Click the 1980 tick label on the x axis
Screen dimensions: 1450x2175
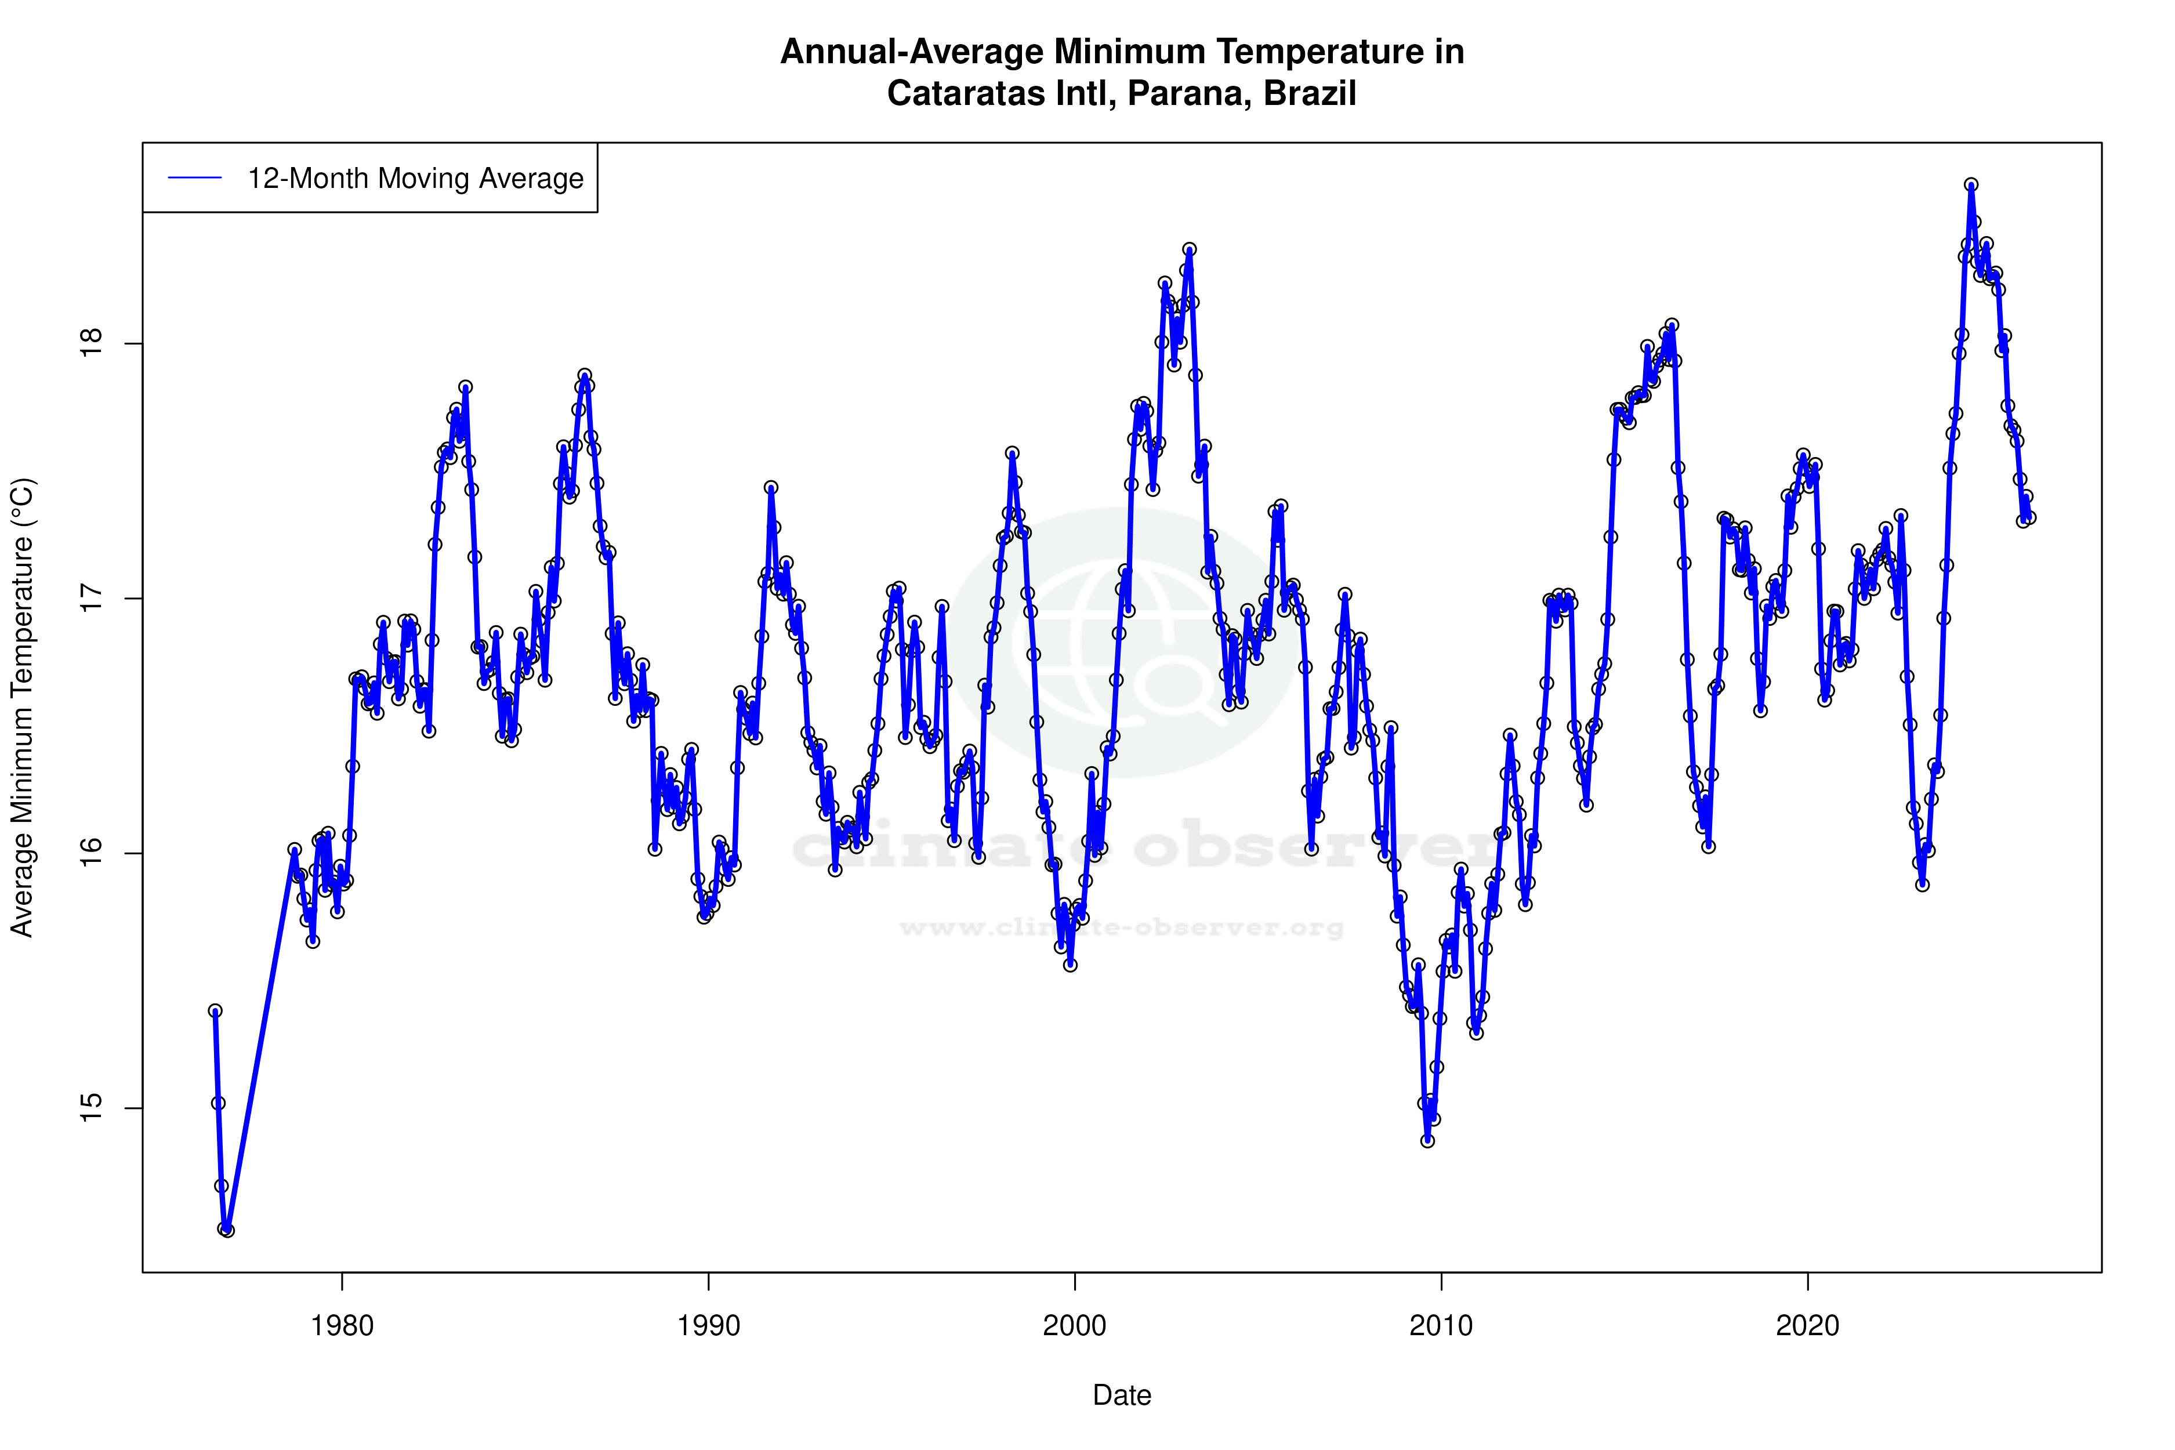tap(342, 1326)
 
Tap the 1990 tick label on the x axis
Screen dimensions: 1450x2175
tap(708, 1326)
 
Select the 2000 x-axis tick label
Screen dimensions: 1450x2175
tap(1075, 1326)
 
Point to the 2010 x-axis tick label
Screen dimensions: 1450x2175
tap(1441, 1326)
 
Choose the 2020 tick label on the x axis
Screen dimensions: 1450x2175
tap(1807, 1326)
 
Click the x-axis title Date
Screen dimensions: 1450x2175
tap(1122, 1395)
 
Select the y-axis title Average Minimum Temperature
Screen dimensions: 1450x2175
tap(22, 708)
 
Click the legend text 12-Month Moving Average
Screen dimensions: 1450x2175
tap(415, 179)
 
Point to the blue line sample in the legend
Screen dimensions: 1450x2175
tap(195, 179)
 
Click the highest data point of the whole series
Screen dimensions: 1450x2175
tap(1971, 185)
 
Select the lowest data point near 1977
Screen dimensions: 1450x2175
tap(227, 1231)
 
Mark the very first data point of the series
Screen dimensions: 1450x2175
tap(215, 1011)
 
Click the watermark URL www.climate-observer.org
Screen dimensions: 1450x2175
tap(1122, 927)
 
